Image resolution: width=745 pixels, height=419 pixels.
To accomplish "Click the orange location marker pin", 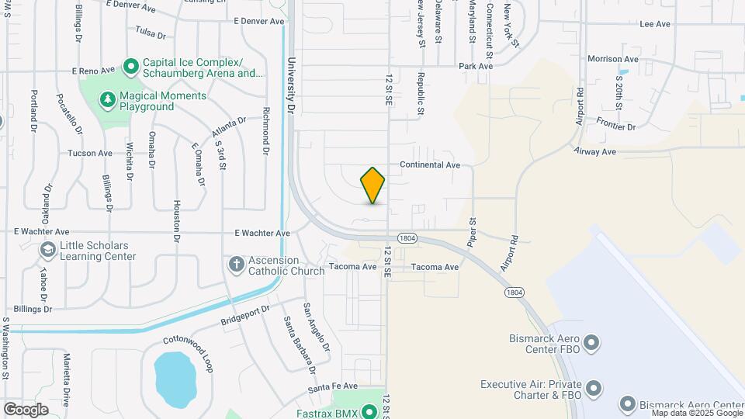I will [372, 185].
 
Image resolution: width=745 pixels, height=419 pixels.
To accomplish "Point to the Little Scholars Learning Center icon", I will [48, 250].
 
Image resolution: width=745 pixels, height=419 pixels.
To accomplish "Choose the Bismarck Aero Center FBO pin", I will [591, 342].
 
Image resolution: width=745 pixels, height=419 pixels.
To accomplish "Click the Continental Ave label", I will [430, 165].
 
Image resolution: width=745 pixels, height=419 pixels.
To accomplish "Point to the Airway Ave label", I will [595, 151].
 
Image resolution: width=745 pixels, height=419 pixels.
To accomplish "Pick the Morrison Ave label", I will [612, 59].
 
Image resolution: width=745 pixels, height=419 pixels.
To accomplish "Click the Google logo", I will [26, 409].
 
